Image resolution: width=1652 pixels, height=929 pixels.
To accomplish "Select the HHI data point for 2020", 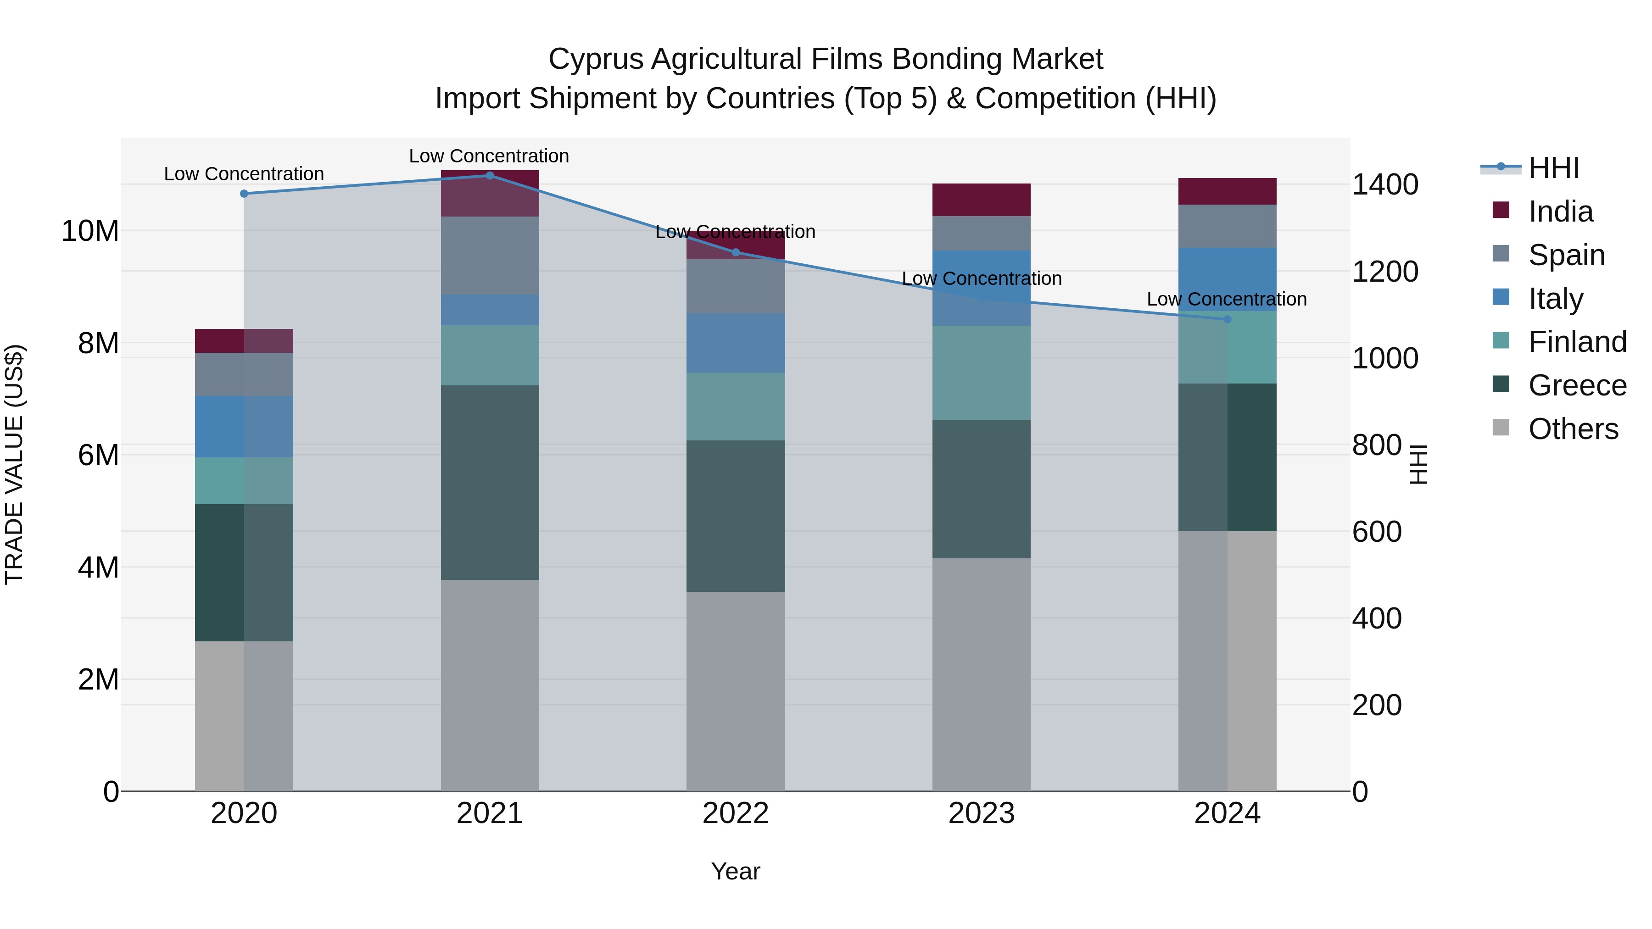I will [244, 194].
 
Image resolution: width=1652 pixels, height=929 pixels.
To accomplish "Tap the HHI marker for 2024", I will [1228, 319].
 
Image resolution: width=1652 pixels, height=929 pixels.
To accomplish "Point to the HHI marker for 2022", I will [736, 252].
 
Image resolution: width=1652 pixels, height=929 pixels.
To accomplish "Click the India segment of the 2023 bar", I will [981, 200].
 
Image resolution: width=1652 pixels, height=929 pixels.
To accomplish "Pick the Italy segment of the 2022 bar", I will [736, 343].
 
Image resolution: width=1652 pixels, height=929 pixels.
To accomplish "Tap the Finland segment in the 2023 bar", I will [981, 373].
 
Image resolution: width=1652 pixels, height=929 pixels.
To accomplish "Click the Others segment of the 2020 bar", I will [244, 716].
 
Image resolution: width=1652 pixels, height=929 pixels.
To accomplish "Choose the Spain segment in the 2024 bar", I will [1228, 226].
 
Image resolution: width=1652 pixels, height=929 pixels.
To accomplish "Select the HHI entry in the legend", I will [1553, 168].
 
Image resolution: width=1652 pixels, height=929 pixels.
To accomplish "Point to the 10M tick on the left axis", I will [90, 231].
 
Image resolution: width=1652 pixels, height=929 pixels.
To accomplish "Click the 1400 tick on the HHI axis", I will [1385, 184].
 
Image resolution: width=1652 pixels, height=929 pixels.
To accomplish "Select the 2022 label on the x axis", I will [736, 813].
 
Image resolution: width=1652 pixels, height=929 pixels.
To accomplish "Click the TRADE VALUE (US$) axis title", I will [15, 464].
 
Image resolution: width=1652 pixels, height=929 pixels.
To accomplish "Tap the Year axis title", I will [736, 871].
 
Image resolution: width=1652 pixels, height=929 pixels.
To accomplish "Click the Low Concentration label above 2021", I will [489, 156].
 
